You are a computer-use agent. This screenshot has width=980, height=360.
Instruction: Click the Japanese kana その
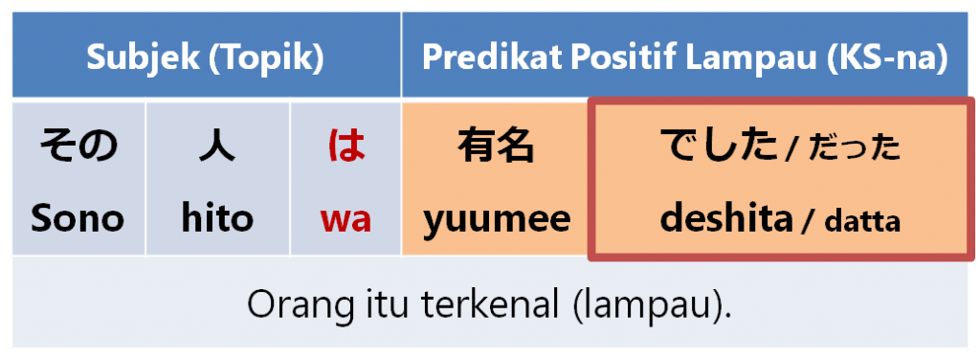click(x=78, y=146)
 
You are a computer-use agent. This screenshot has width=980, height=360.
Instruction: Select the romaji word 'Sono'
click(x=78, y=219)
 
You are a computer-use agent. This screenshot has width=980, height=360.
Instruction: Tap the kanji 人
click(x=217, y=146)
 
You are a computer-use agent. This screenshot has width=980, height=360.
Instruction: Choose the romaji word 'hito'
click(x=217, y=219)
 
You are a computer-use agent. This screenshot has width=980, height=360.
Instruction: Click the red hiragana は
click(x=345, y=146)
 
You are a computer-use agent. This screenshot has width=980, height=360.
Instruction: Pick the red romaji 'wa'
click(x=345, y=220)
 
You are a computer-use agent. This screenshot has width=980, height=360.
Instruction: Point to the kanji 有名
click(x=496, y=146)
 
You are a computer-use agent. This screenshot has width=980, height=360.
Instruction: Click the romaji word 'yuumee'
click(x=497, y=220)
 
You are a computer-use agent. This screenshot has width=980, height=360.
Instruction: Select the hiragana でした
click(x=720, y=146)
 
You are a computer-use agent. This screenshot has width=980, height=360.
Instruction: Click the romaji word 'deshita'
click(x=726, y=219)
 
